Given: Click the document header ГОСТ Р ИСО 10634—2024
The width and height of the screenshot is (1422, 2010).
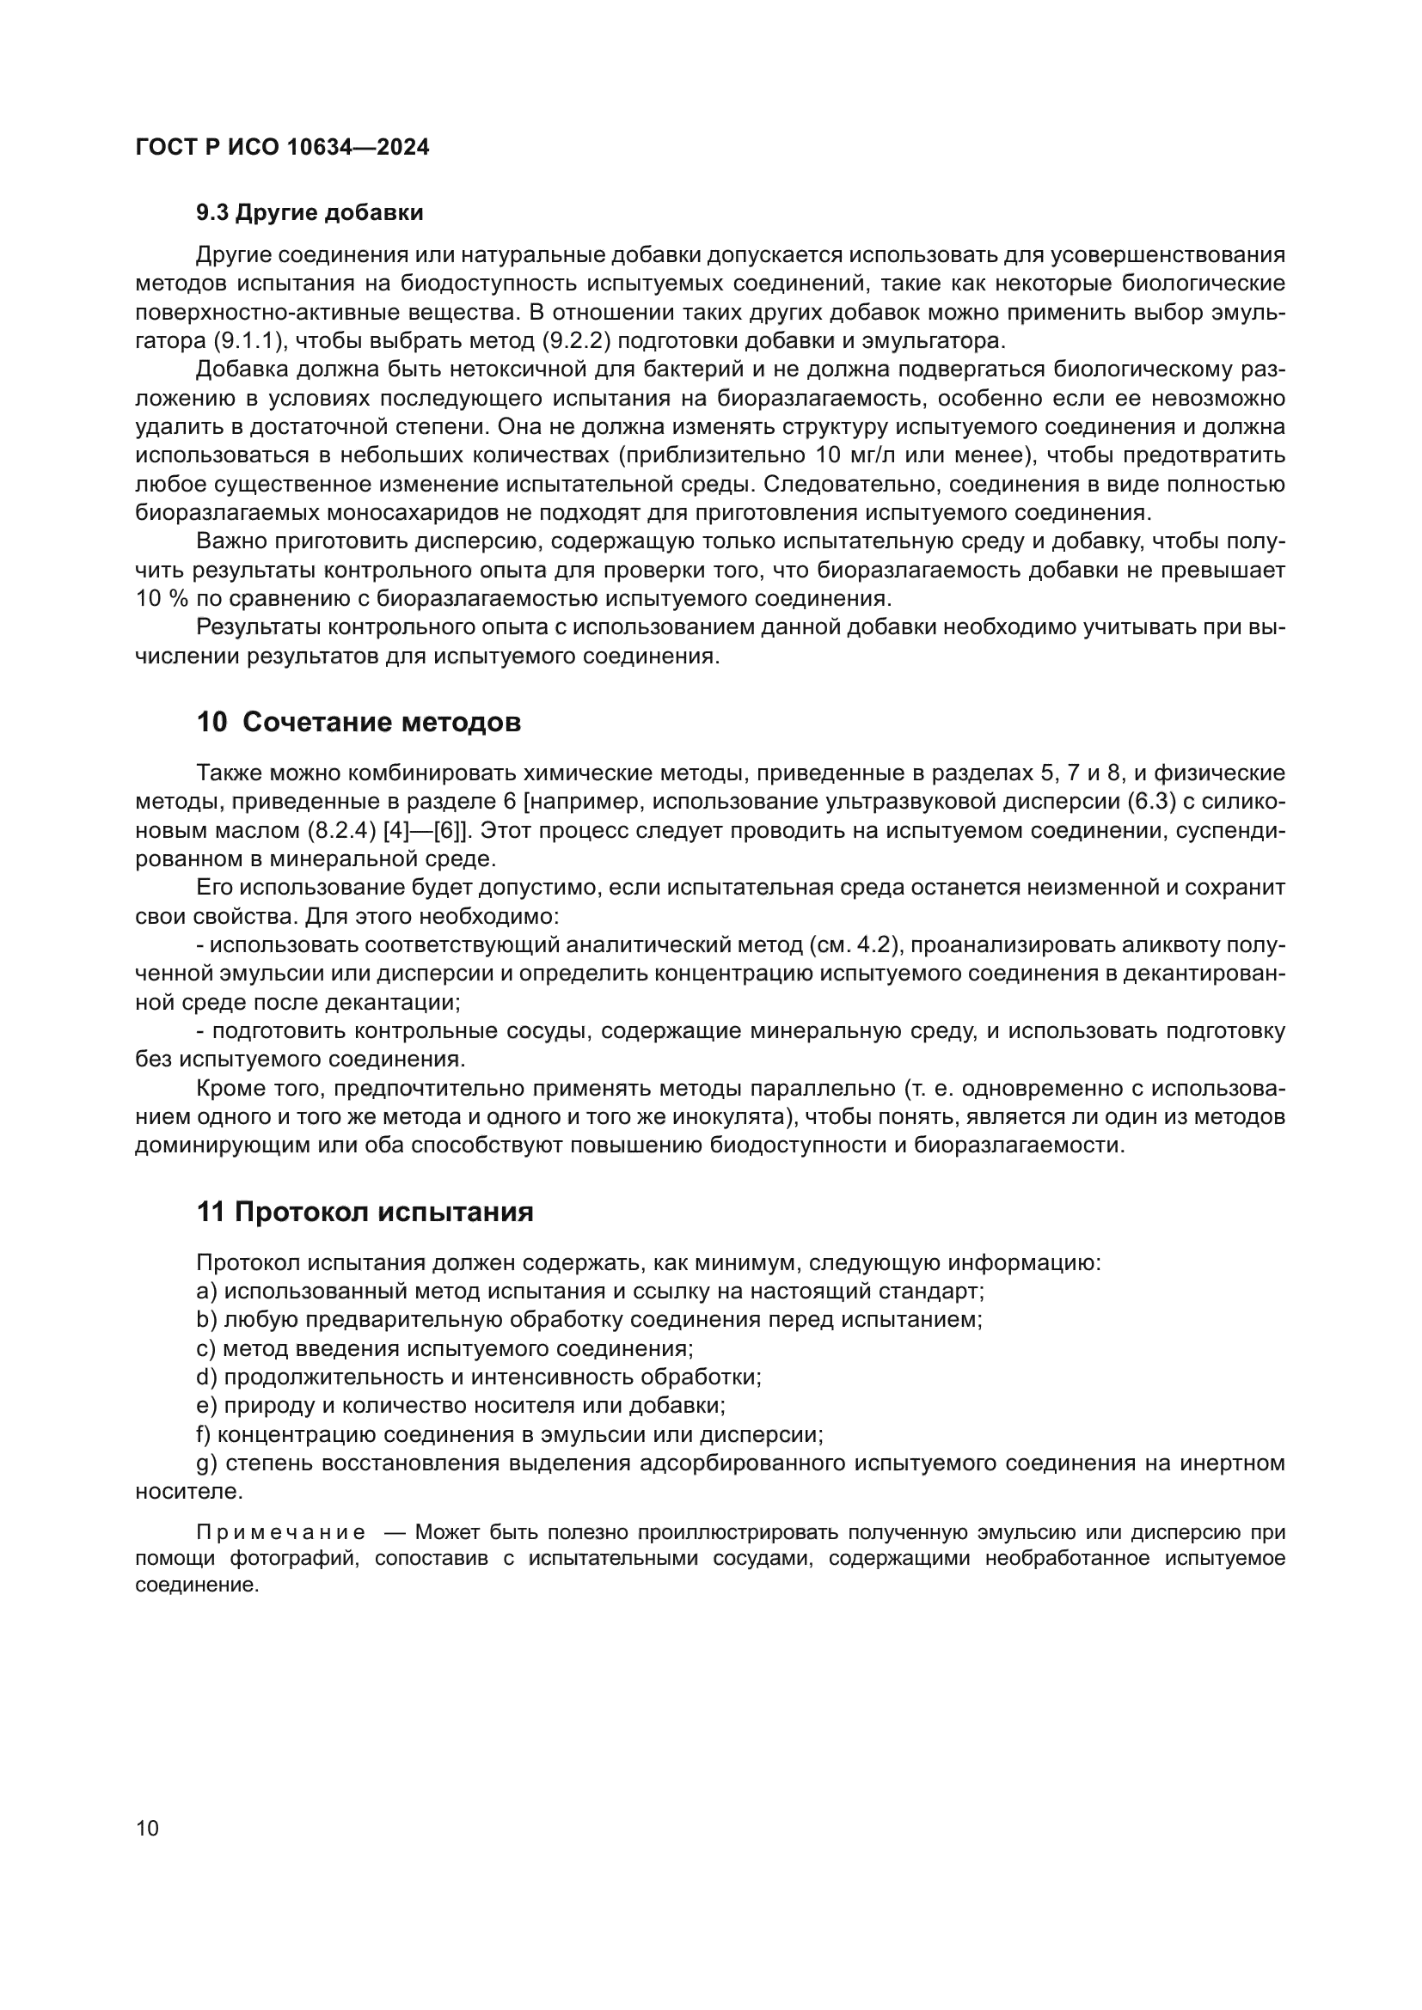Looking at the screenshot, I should point(282,147).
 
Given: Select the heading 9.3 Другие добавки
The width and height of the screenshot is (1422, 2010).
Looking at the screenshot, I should point(310,213).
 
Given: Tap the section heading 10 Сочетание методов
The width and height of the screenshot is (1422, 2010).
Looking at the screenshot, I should point(359,722).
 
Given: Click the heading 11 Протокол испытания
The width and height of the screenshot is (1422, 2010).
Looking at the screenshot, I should point(365,1212).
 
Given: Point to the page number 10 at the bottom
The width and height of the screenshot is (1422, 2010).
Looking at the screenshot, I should point(148,1828).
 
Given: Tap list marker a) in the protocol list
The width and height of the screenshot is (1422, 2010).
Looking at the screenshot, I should point(206,1292).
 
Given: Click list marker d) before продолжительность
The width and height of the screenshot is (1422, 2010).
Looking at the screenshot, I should point(206,1377).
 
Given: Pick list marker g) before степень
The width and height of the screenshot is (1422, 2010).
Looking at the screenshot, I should point(206,1463).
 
